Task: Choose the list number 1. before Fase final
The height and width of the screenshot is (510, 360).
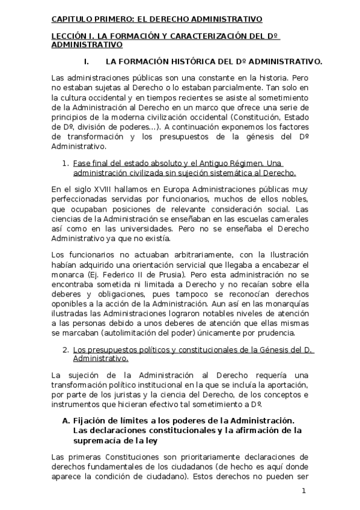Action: pos(66,164)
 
